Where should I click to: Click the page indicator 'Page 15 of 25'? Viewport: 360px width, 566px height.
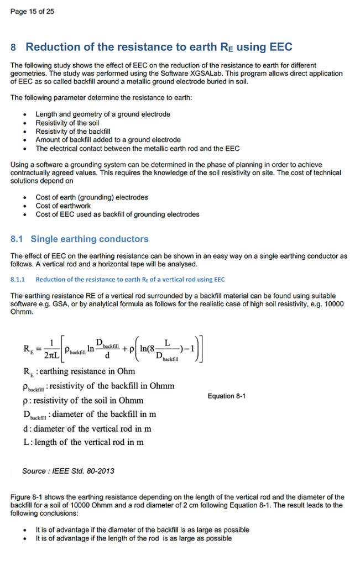pyautogui.click(x=32, y=12)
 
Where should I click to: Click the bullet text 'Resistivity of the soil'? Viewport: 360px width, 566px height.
pyautogui.click(x=67, y=123)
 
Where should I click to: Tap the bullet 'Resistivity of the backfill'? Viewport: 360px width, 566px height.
pyautogui.click(x=73, y=132)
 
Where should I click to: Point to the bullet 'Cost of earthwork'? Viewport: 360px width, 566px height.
pyautogui.click(x=63, y=206)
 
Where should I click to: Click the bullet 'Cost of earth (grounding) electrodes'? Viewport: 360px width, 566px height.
pyautogui.click(x=92, y=197)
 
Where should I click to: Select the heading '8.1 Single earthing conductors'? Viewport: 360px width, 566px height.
pyautogui.click(x=80, y=239)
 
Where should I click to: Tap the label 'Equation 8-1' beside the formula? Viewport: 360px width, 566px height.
pyautogui.click(x=227, y=396)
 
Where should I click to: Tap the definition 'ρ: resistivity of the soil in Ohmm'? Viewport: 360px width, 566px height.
pyautogui.click(x=83, y=400)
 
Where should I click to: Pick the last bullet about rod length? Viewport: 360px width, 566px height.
pyautogui.click(x=134, y=538)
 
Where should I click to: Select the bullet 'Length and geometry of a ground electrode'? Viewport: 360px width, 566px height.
pyautogui.click(x=103, y=114)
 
